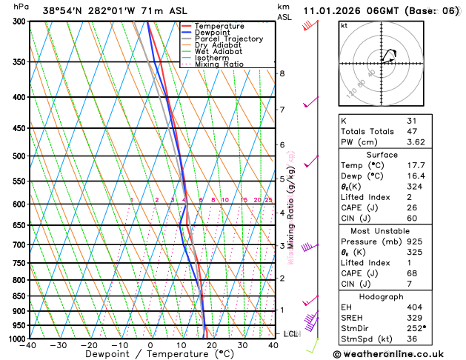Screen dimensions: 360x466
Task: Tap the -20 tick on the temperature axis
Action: click(x=89, y=345)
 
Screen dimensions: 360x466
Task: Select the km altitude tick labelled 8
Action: click(x=282, y=73)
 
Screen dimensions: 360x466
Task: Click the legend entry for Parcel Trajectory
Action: click(x=228, y=39)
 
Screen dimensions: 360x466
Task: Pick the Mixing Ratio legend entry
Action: click(x=219, y=64)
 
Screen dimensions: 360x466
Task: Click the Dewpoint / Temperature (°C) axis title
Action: click(x=149, y=355)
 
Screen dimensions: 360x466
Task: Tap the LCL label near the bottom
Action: click(x=290, y=334)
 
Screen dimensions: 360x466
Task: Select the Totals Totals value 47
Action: click(x=412, y=130)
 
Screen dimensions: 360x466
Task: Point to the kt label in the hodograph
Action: click(x=344, y=25)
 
